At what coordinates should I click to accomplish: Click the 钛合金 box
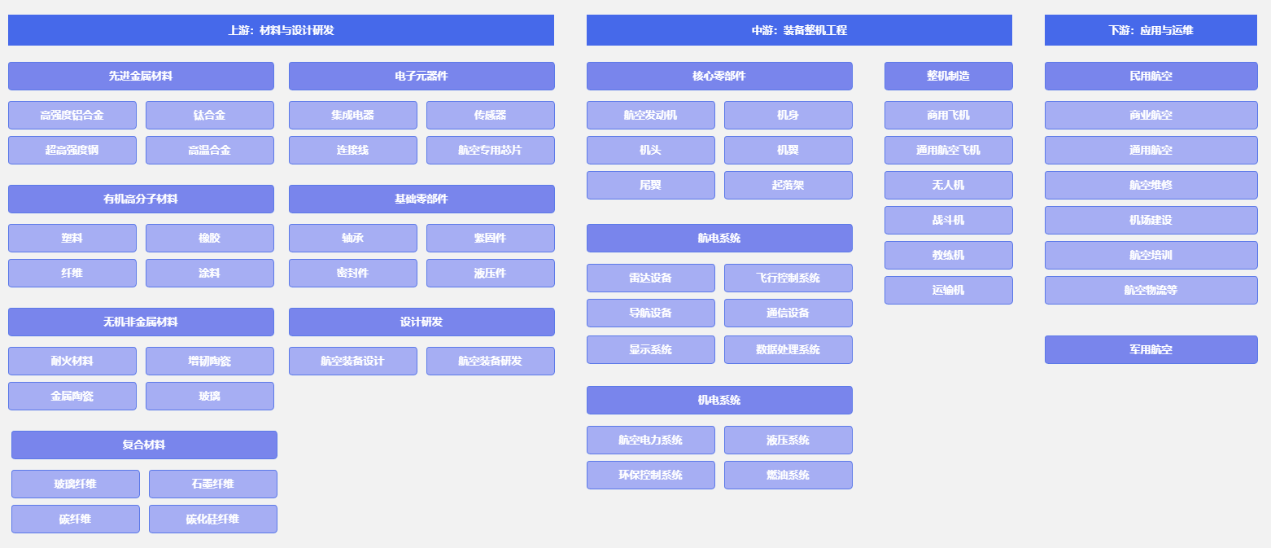click(x=209, y=115)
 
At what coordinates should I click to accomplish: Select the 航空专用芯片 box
click(x=490, y=150)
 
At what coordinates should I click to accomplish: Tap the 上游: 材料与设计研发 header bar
click(x=281, y=30)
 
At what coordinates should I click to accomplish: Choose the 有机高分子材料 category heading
click(x=141, y=199)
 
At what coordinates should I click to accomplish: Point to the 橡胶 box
click(x=209, y=238)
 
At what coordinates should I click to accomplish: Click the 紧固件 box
click(x=490, y=238)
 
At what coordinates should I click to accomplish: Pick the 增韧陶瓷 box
click(x=209, y=361)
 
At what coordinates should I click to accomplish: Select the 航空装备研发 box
click(x=490, y=361)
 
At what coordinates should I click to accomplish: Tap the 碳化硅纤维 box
click(x=212, y=519)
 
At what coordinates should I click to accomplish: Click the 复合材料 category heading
click(x=144, y=445)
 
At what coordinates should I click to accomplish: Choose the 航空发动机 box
click(x=650, y=115)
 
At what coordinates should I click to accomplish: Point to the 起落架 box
click(x=788, y=185)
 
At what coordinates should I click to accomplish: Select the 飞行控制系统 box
click(x=788, y=278)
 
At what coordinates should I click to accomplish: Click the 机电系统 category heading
click(x=719, y=400)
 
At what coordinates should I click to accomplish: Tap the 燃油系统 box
click(x=788, y=475)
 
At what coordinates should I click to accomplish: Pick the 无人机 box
click(x=948, y=185)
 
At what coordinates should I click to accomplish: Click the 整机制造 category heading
click(x=948, y=76)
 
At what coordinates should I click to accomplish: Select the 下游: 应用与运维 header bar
click(x=1151, y=30)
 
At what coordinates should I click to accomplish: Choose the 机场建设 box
click(x=1151, y=220)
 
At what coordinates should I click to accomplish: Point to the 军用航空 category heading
click(x=1151, y=349)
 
